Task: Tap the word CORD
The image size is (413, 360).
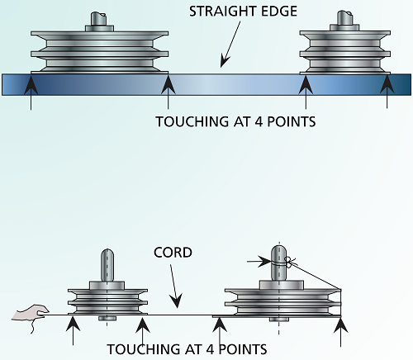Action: click(173, 253)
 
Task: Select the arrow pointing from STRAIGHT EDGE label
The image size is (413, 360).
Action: click(230, 45)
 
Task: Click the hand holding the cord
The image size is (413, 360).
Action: click(31, 316)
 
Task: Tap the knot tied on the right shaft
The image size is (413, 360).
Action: click(290, 262)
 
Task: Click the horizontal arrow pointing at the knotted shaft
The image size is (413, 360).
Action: click(259, 262)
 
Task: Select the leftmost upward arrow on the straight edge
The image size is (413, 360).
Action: click(31, 92)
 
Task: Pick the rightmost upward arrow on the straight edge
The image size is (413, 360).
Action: click(387, 92)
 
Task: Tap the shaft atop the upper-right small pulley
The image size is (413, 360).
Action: click(344, 18)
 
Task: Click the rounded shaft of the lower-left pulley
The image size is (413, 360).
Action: click(107, 265)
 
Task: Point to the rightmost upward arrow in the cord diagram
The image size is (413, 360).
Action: click(341, 332)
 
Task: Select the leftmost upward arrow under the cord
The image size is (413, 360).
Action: click(73, 331)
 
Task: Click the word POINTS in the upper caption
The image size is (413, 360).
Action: click(292, 121)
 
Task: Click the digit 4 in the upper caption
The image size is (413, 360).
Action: click(259, 121)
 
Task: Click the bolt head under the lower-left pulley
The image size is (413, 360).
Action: click(107, 319)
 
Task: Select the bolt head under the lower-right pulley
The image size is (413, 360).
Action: click(279, 320)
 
